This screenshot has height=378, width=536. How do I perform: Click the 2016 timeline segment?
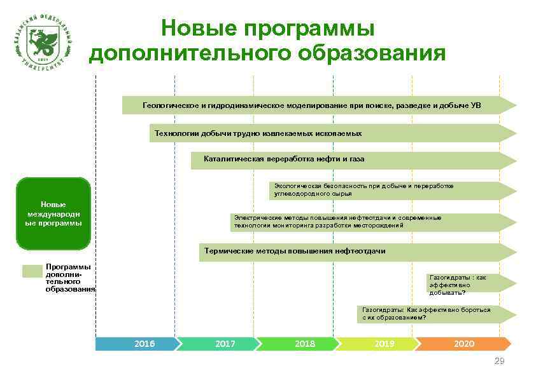pyautogui.click(x=136, y=344)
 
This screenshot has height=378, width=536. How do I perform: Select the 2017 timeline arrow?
pyautogui.click(x=216, y=344)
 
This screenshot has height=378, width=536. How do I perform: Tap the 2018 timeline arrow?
pyautogui.click(x=295, y=344)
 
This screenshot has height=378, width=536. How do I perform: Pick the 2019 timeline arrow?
pyautogui.click(x=376, y=344)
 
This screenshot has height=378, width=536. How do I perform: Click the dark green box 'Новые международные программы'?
pyautogui.click(x=53, y=213)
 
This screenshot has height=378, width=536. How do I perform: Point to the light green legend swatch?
pyautogui.click(x=31, y=271)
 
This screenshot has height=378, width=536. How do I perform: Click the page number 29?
pyautogui.click(x=499, y=361)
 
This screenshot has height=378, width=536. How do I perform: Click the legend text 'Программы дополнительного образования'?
pyautogui.click(x=69, y=278)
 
